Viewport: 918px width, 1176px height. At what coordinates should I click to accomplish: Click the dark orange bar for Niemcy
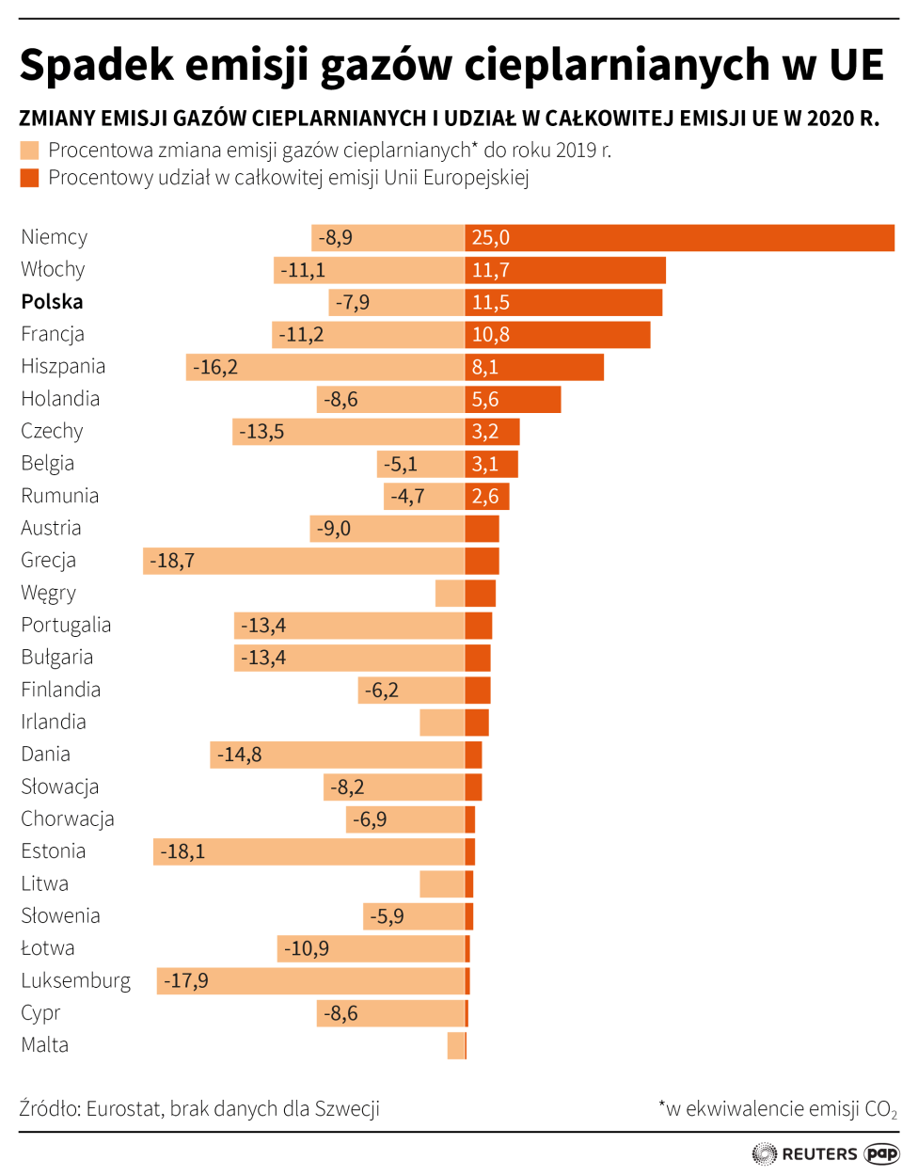(x=679, y=238)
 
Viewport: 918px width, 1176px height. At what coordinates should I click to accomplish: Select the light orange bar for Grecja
(x=304, y=562)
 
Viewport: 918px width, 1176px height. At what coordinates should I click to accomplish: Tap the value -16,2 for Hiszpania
(x=215, y=368)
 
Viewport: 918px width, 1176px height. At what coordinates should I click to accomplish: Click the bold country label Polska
(x=52, y=302)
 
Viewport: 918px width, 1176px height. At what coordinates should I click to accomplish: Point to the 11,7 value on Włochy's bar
(x=491, y=271)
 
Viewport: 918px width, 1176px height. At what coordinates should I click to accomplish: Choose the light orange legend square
(x=29, y=151)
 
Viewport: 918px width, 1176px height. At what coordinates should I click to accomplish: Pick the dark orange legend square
(x=29, y=178)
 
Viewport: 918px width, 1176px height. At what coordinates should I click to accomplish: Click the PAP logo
(x=881, y=1153)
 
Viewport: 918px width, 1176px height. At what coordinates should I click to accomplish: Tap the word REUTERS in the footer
(x=819, y=1154)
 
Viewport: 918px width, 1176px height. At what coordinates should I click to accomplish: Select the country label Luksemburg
(x=75, y=981)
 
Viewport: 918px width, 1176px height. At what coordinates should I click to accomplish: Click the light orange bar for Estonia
(x=309, y=852)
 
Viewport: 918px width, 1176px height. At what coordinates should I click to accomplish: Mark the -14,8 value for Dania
(x=240, y=755)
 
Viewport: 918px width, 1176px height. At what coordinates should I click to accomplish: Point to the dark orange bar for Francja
(x=557, y=335)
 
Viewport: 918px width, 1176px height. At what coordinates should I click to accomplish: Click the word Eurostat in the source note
(x=124, y=1109)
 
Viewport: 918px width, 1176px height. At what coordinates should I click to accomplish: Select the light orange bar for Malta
(x=456, y=1045)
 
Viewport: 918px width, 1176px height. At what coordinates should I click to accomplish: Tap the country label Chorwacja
(x=68, y=819)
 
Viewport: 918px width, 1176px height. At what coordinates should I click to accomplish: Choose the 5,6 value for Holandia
(x=485, y=400)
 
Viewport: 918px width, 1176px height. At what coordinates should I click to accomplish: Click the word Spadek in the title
(x=97, y=66)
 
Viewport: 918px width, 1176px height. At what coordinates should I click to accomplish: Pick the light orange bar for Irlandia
(x=442, y=723)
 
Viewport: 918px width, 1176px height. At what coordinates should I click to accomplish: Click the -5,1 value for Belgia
(x=401, y=465)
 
